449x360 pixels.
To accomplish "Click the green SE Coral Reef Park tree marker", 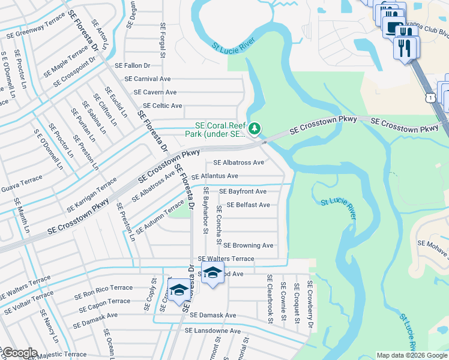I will [x=255, y=128].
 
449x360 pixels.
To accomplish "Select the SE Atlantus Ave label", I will [x=215, y=176].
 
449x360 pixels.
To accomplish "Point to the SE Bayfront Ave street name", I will [x=243, y=191].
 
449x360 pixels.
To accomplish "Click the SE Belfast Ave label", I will [x=249, y=205].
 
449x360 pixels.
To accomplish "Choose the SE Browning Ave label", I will [x=249, y=245].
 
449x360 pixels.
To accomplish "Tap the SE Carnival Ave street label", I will [x=148, y=79].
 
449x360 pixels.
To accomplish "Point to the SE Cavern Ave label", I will [x=155, y=92].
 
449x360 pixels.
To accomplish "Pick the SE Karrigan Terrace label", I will [x=91, y=191].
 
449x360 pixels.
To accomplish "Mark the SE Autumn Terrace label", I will [x=160, y=217].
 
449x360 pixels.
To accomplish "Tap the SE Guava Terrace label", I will [x=22, y=184].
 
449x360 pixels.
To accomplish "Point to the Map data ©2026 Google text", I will [x=411, y=355].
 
